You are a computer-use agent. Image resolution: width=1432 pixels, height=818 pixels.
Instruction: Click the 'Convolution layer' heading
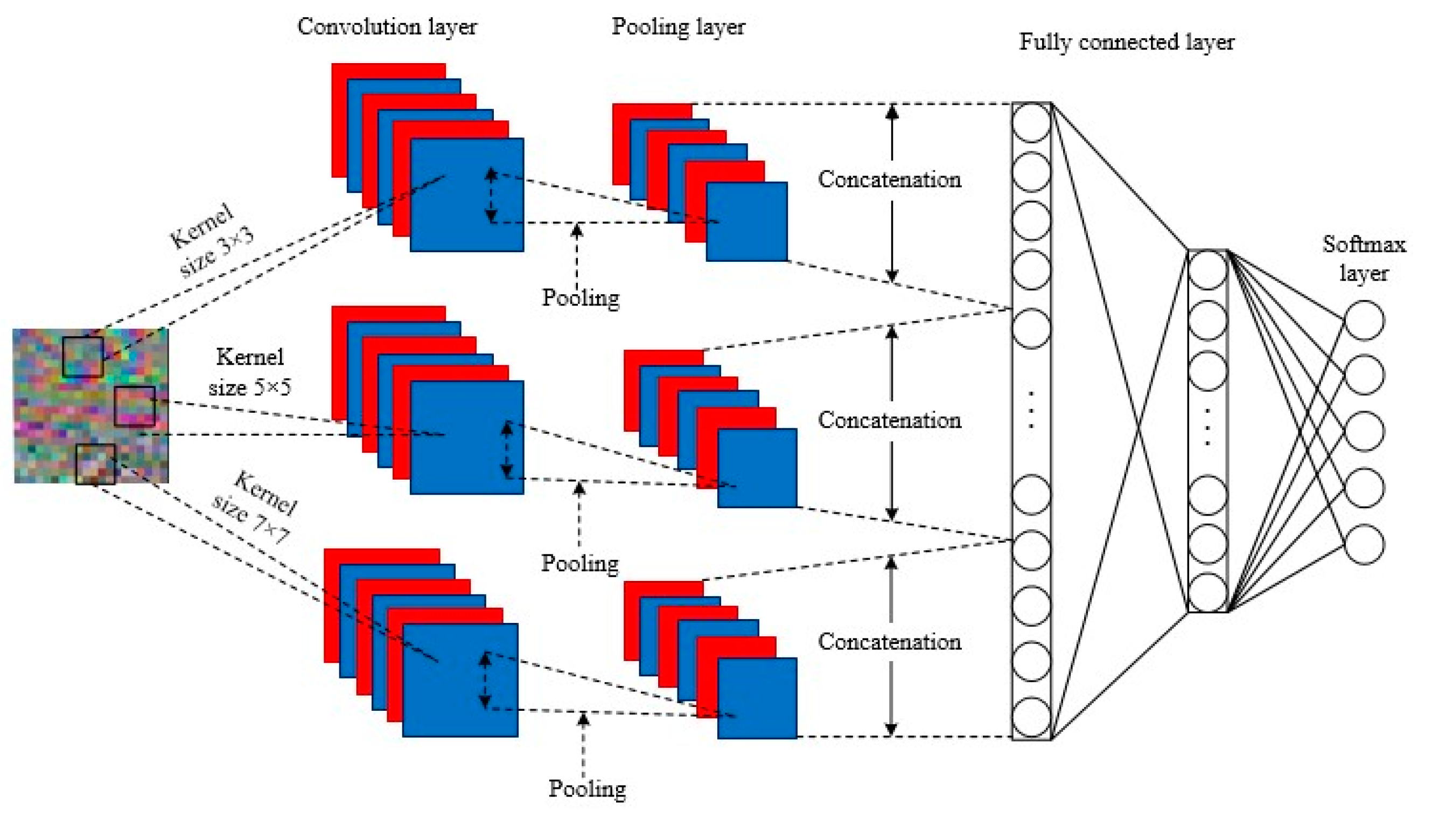pos(387,26)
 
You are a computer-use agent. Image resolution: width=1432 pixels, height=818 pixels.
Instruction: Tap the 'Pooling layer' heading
pos(677,26)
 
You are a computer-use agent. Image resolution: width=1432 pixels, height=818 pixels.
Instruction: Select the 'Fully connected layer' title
pos(1126,42)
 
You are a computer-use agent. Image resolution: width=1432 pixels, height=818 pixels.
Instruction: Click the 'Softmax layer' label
pos(1364,259)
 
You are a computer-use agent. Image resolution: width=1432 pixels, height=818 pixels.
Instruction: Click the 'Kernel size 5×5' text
pos(250,372)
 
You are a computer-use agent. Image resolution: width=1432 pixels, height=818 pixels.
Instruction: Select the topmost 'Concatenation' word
pos(889,179)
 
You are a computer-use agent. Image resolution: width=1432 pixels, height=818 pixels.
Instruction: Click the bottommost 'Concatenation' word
pos(889,642)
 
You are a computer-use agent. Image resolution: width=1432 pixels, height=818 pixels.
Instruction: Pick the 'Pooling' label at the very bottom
pos(586,789)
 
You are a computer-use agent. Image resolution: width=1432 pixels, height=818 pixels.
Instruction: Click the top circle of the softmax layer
pos(1364,320)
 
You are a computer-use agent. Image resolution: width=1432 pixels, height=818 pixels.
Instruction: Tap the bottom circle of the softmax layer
pos(1364,544)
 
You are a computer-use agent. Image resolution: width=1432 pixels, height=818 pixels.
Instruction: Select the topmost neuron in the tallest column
pos(1031,122)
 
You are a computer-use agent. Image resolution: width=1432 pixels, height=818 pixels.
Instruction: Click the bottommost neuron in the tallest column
pos(1031,717)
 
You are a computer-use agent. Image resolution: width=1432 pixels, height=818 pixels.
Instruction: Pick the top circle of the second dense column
pos(1207,270)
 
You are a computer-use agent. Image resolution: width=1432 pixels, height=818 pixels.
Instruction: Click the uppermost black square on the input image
pos(82,357)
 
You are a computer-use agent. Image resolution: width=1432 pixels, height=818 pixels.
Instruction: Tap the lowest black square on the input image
pos(95,464)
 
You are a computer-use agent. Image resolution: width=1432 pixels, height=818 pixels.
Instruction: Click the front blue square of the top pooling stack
pos(746,221)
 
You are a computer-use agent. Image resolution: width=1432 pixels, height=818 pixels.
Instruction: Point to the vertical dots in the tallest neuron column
pos(1031,410)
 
